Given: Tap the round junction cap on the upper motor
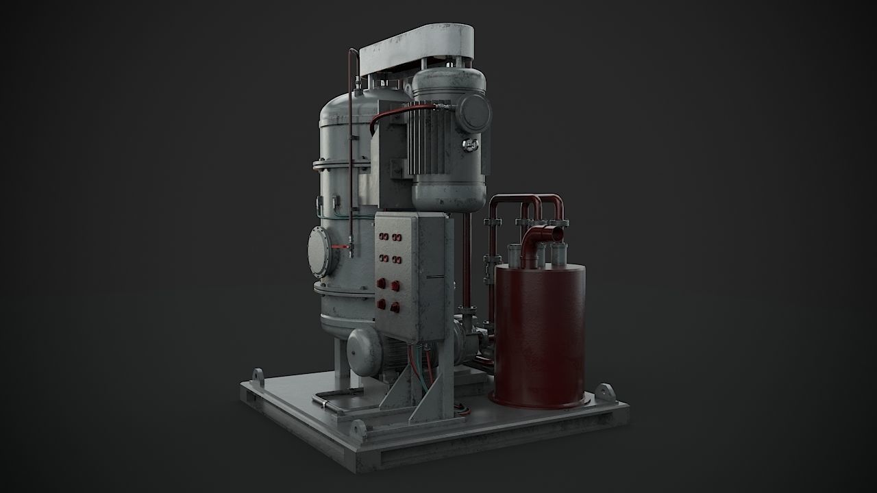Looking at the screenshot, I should [473, 114].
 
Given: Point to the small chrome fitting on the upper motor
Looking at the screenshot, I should [470, 144].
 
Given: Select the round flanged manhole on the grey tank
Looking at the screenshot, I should [319, 251].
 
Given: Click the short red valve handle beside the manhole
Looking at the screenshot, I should [338, 245].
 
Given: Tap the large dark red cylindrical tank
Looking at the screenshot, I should [540, 336].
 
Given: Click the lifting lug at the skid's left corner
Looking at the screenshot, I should [257, 377].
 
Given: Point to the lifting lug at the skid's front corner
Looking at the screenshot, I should [358, 429].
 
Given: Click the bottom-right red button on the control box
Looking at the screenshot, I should [395, 307].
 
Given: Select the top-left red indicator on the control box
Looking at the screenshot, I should [382, 237].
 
